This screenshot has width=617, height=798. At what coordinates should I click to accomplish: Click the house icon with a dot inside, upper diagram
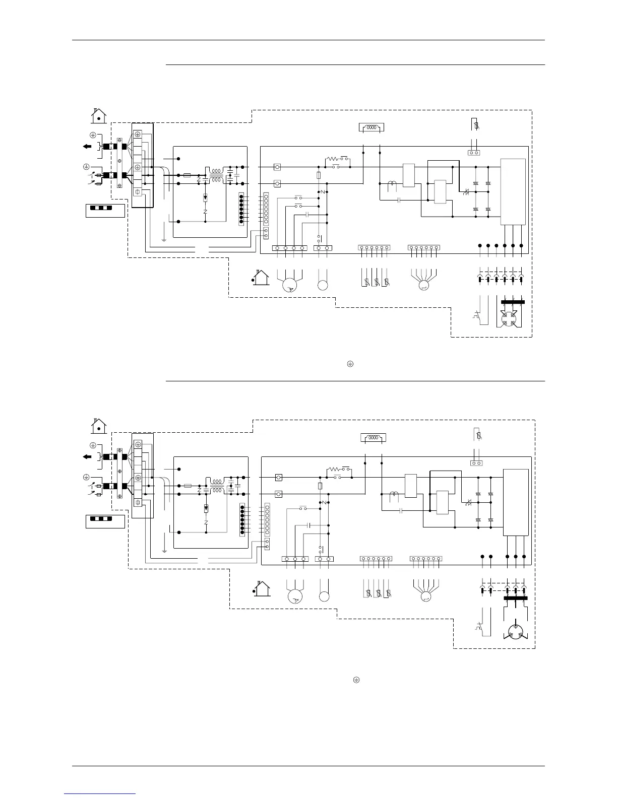click(99, 116)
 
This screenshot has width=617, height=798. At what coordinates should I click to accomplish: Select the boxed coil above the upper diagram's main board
click(371, 127)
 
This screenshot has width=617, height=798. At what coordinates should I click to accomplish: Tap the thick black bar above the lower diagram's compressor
click(516, 598)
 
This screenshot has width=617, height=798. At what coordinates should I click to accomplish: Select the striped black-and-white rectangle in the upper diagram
click(100, 208)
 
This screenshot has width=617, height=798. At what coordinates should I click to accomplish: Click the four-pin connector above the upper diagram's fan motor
click(290, 248)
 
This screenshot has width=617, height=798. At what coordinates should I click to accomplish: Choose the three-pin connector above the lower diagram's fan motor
click(295, 559)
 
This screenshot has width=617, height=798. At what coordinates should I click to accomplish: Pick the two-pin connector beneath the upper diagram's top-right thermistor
click(473, 152)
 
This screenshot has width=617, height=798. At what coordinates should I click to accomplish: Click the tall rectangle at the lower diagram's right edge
click(516, 502)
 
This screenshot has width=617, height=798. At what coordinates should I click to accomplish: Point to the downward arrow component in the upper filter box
click(205, 197)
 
